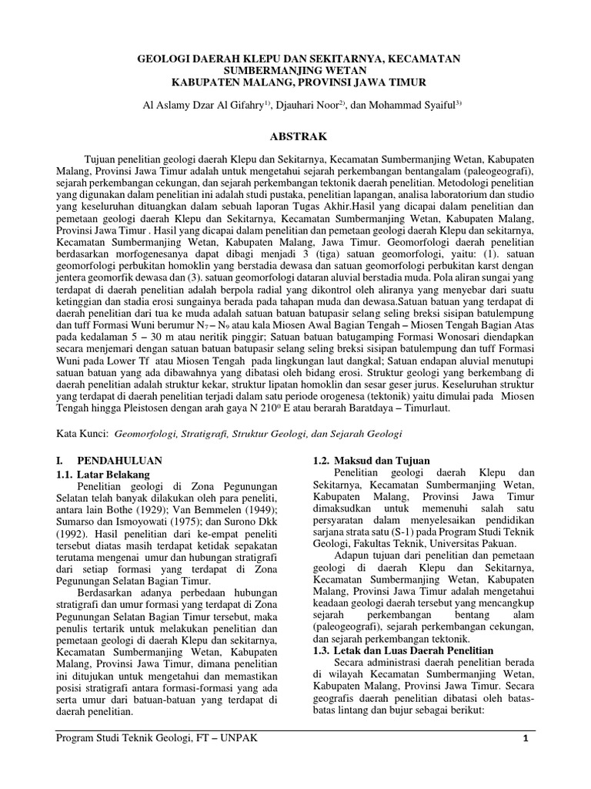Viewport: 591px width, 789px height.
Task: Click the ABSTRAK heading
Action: tap(295, 136)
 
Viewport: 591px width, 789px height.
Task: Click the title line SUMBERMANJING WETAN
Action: tap(295, 69)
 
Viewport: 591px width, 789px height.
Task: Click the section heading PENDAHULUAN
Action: tap(120, 460)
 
